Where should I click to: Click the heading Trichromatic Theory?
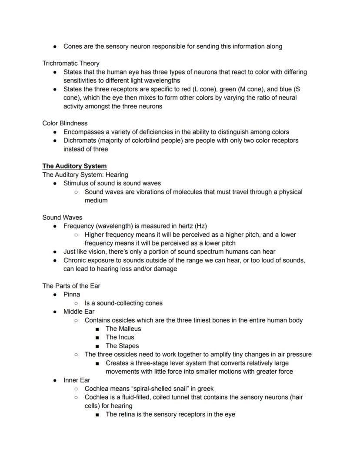[x=71, y=63]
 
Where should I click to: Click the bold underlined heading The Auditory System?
[x=74, y=166]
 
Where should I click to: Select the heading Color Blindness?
[x=65, y=123]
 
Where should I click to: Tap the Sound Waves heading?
[x=62, y=218]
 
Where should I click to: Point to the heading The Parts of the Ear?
[x=71, y=286]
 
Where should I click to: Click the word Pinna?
[x=72, y=295]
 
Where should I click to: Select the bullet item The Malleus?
[x=123, y=329]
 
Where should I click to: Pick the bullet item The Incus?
[x=120, y=337]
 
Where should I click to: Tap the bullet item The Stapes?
[x=122, y=346]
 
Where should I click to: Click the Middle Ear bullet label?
[x=79, y=312]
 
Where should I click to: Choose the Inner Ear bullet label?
[x=77, y=380]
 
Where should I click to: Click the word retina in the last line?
[x=127, y=414]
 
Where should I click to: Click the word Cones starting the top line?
[x=73, y=46]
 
